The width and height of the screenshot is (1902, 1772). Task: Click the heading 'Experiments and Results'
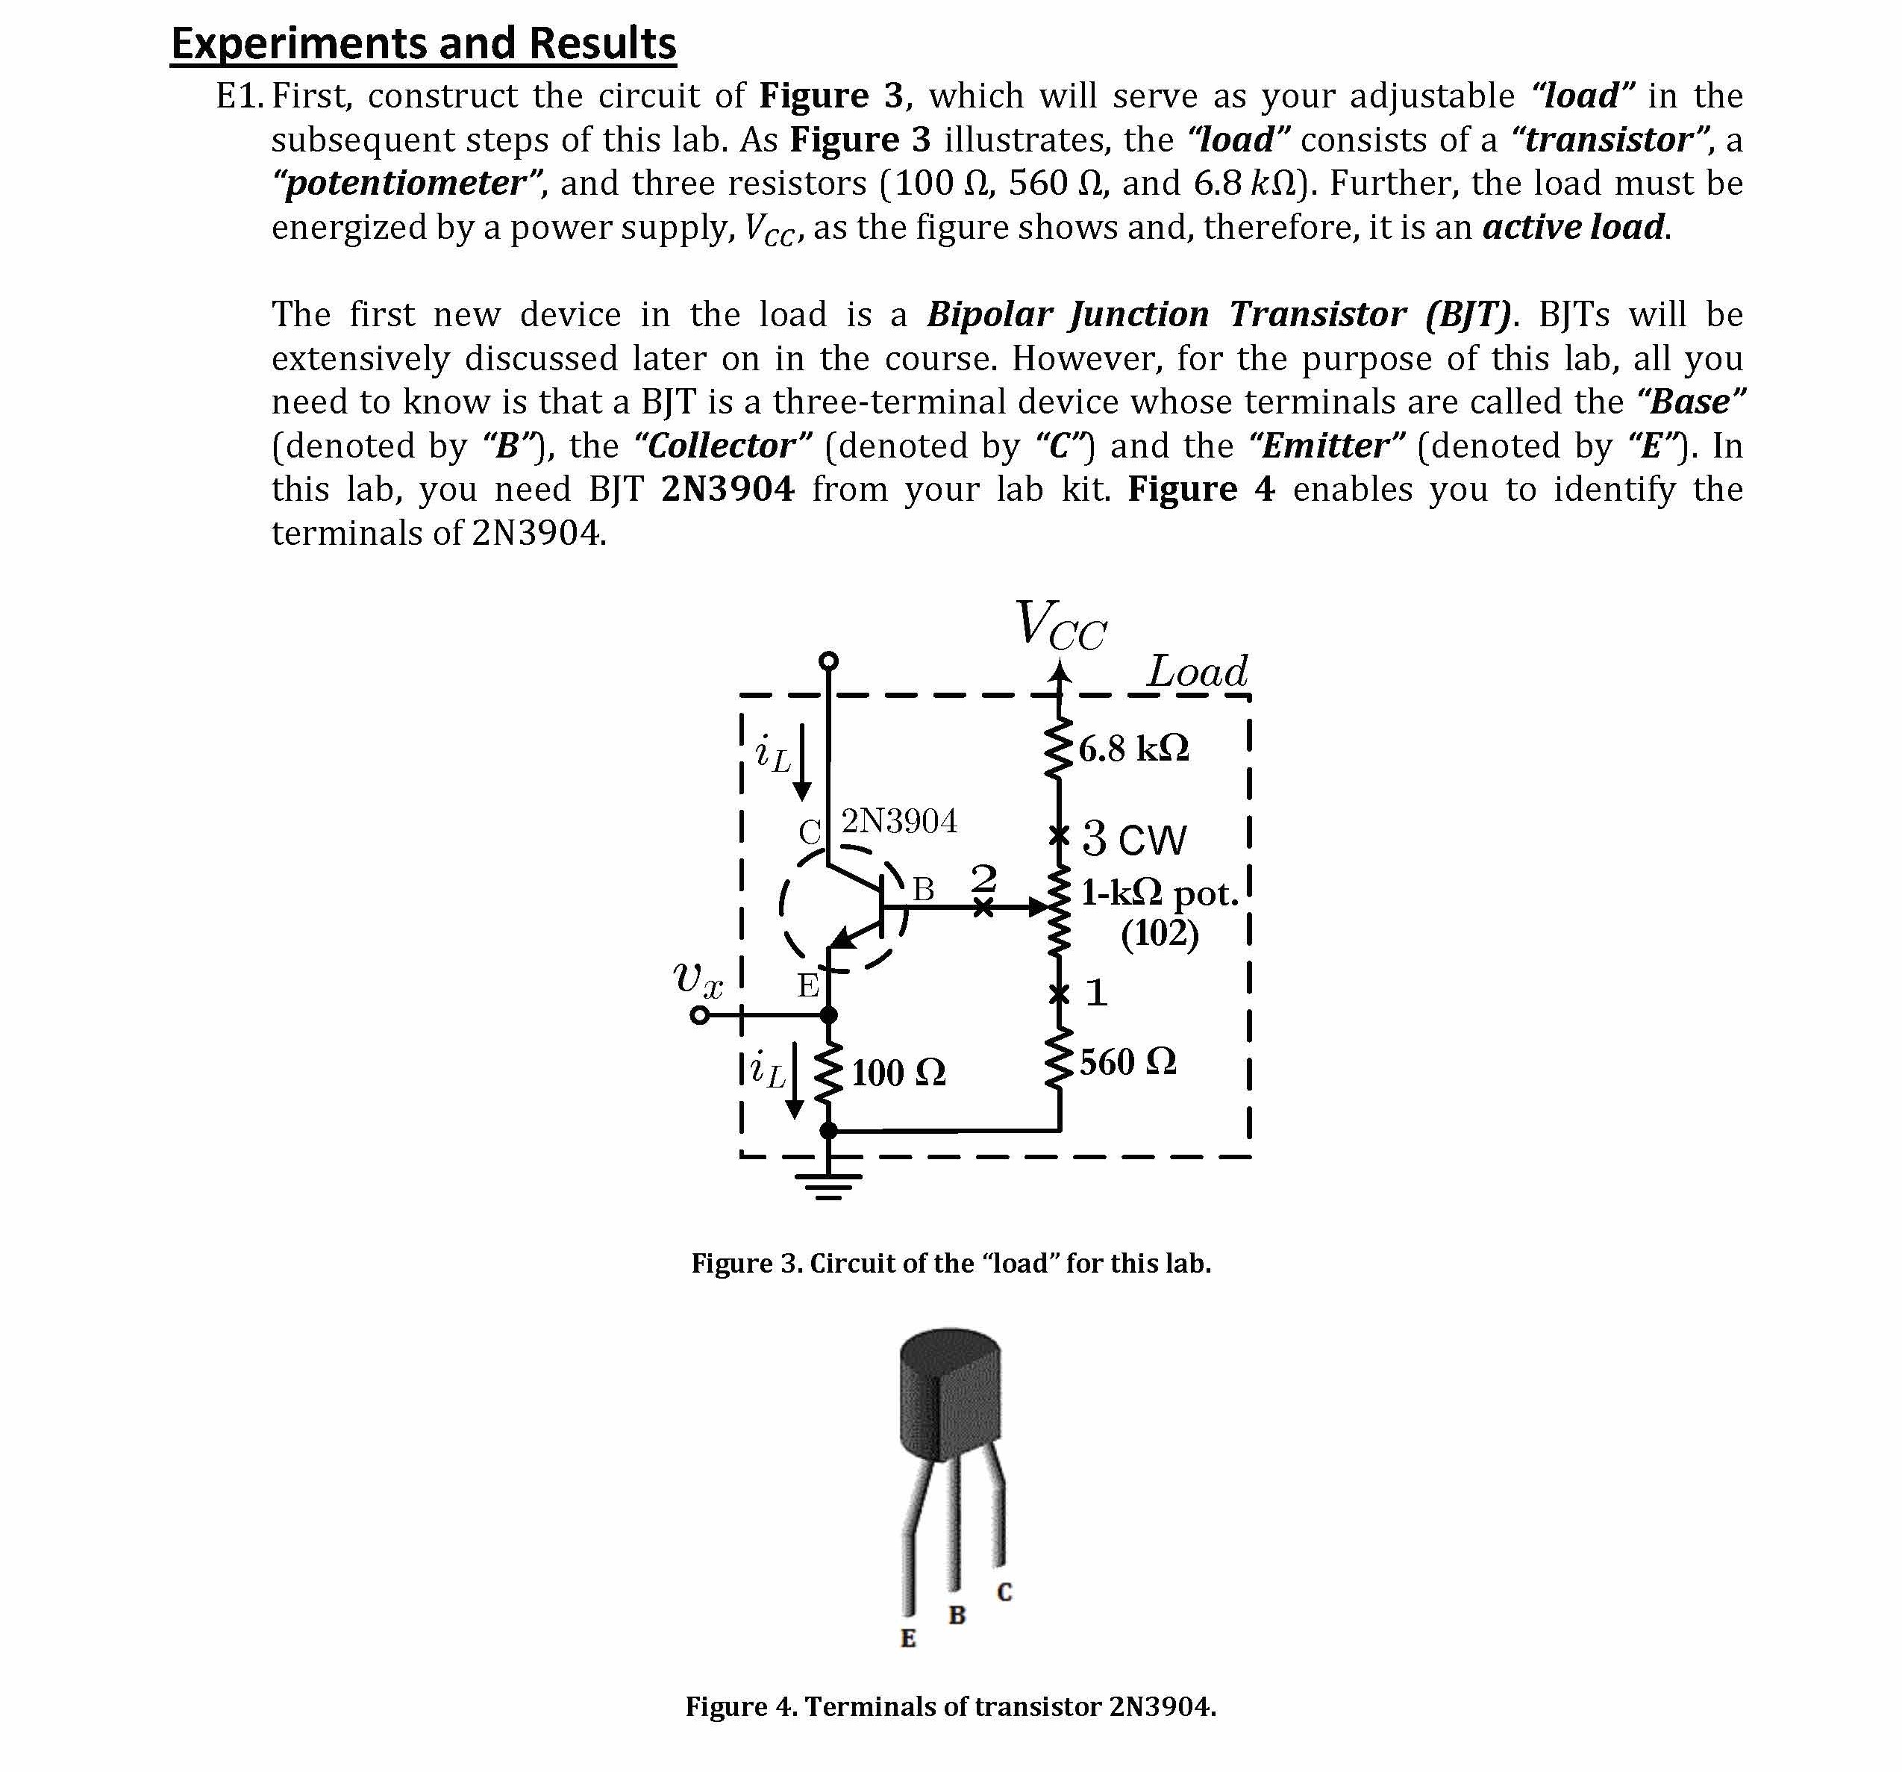423,44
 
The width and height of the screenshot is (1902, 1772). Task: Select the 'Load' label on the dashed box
1197,672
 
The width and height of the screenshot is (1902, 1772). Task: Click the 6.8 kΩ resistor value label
1133,748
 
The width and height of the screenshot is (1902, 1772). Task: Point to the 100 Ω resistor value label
898,1073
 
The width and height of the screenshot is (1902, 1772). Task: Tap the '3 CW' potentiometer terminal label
1133,839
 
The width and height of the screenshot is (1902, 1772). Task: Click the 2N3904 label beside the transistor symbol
899,821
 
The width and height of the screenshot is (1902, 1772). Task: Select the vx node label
698,979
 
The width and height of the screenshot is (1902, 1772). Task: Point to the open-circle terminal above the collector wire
828,660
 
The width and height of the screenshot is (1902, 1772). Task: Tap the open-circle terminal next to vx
701,1015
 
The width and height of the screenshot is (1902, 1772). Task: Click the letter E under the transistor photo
908,1639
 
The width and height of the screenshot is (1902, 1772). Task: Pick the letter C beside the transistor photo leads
1004,1593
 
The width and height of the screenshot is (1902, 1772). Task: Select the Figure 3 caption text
951,1264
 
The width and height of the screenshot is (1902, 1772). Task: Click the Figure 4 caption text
951,1707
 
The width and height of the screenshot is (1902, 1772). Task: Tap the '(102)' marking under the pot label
1160,933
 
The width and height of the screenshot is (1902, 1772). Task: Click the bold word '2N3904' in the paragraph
727,490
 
